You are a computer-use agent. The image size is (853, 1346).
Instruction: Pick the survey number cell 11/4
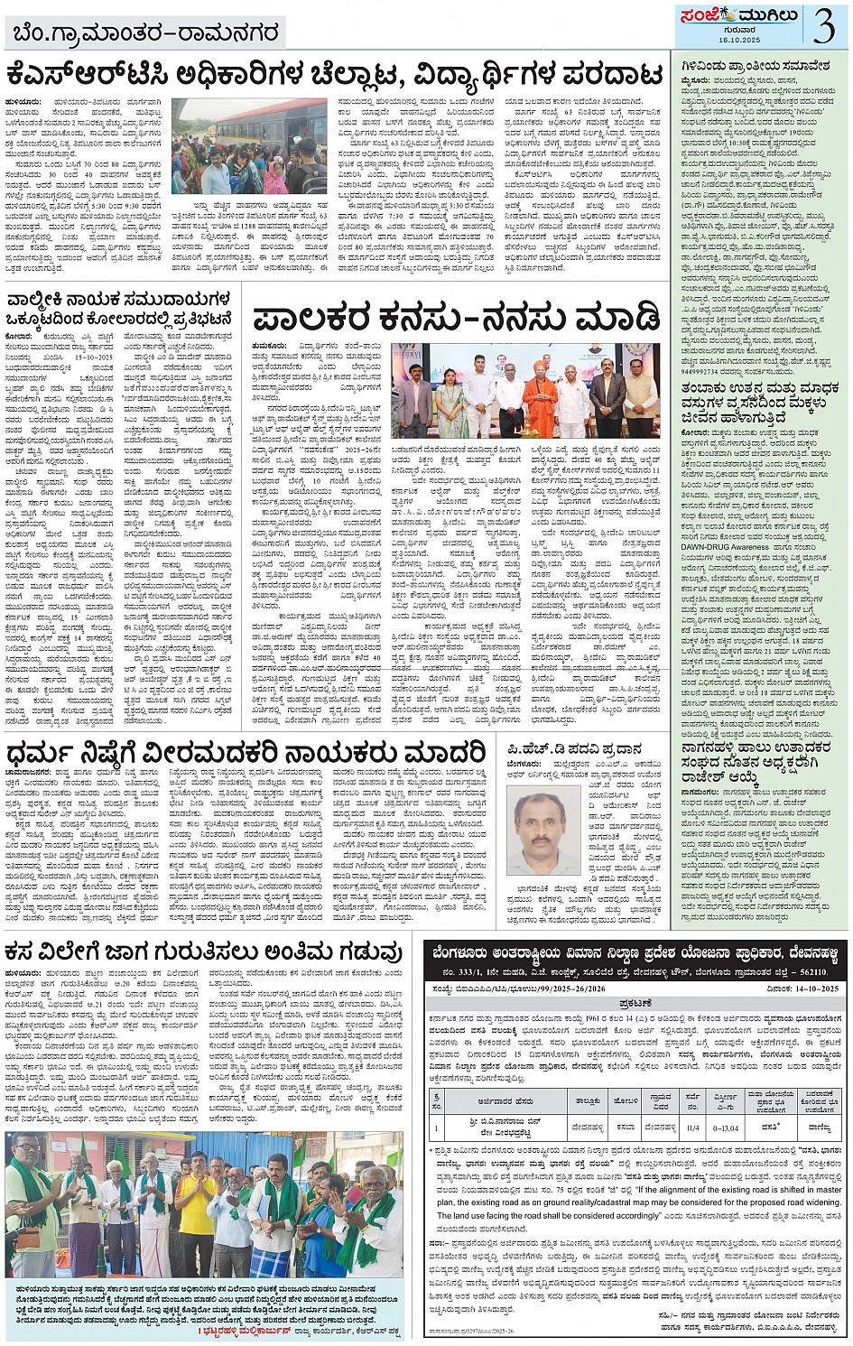[x=692, y=1127]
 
